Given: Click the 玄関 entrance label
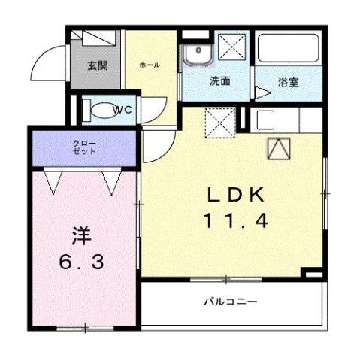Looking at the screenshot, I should tap(97, 65).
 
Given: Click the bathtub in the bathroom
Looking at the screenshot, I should tap(289, 50).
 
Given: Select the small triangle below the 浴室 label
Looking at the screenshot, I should tap(261, 93).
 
